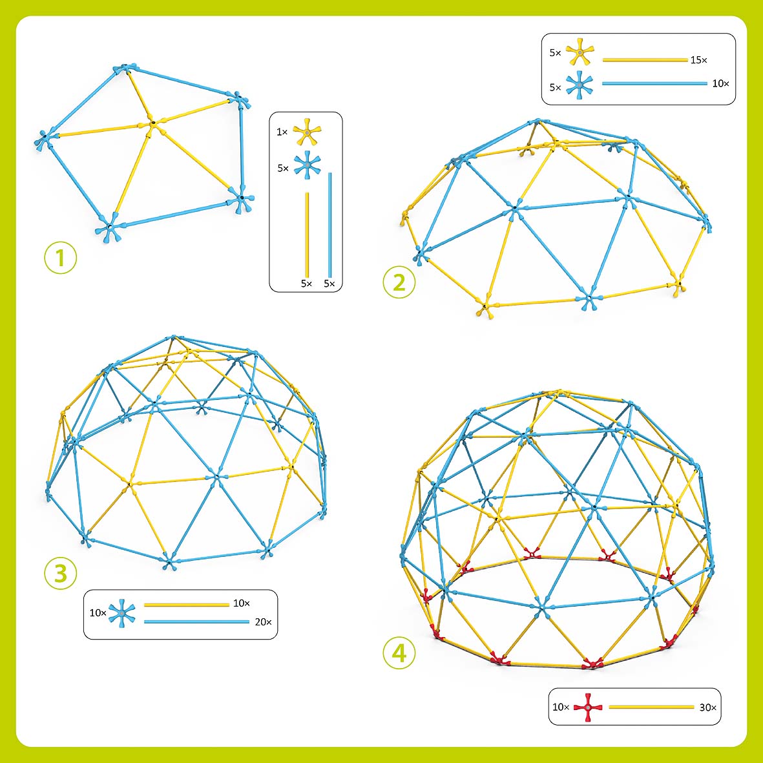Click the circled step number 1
tap(60, 258)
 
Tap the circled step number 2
tap(399, 282)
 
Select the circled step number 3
tap(61, 573)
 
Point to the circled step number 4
tap(399, 653)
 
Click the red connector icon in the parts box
tap(587, 707)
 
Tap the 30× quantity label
tap(708, 707)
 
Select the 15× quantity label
tap(698, 60)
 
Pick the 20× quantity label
tap(263, 622)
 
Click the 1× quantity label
tap(282, 132)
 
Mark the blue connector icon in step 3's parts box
tap(121, 612)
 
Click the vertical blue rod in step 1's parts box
tap(330, 224)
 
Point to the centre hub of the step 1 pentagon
tap(152, 123)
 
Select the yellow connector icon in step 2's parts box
tap(580, 52)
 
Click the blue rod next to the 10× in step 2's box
tap(654, 83)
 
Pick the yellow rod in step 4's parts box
tap(651, 707)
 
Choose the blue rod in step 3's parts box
tap(196, 622)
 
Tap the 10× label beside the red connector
tap(559, 707)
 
